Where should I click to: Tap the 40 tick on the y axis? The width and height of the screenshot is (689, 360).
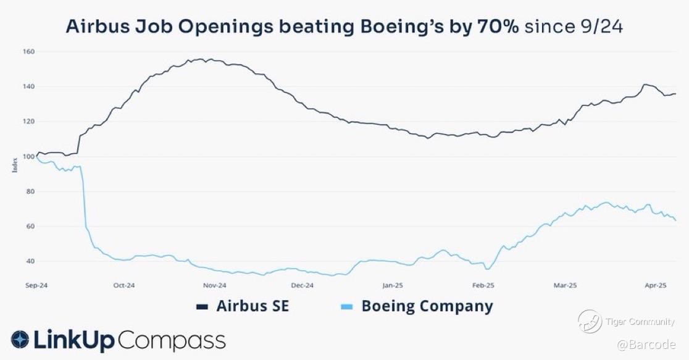click(x=28, y=261)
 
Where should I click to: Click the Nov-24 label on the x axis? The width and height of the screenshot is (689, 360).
click(x=214, y=285)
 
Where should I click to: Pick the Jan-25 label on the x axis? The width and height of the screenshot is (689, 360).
click(x=392, y=285)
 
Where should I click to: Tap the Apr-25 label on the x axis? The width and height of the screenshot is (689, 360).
click(x=655, y=285)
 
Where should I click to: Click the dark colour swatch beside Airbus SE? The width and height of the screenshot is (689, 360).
click(x=202, y=307)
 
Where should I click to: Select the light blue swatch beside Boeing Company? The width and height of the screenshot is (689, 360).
click(x=347, y=307)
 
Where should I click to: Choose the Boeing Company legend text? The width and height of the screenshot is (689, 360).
click(x=427, y=306)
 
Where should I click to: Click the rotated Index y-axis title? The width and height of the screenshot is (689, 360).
click(x=15, y=165)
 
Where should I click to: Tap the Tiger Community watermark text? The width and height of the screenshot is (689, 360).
click(x=640, y=322)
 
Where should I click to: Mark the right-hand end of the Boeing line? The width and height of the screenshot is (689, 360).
click(x=675, y=220)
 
